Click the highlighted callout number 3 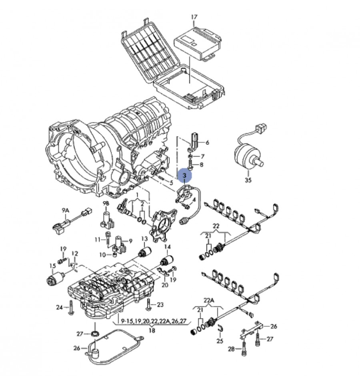point(184,175)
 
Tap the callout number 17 point(194,17)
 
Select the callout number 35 point(248,180)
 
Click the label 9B point(106,203)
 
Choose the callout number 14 point(167,247)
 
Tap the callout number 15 point(52,266)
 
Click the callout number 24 point(59,308)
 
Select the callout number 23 point(160,305)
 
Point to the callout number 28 point(231,349)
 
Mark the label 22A point(209,300)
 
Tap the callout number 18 point(152,330)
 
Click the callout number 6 point(207,143)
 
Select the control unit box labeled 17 point(198,40)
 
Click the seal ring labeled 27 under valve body point(95,334)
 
